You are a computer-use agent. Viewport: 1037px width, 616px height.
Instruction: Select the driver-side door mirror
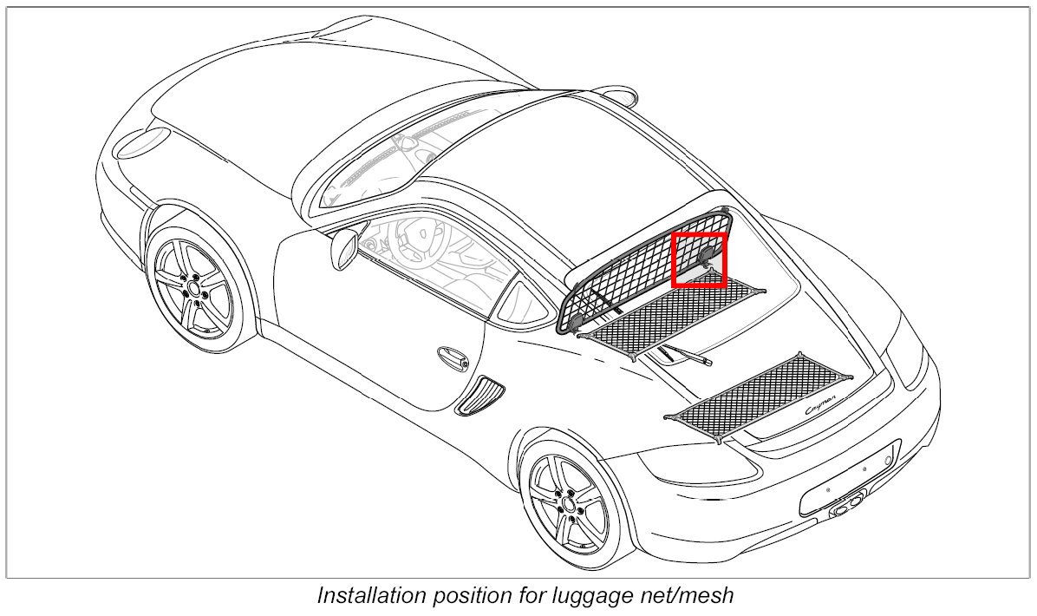pos(343,249)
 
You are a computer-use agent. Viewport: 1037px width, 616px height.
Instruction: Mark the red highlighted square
pos(700,259)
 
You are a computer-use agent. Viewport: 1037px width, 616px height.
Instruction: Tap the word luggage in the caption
pos(607,596)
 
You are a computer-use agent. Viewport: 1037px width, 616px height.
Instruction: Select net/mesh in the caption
pos(693,596)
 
